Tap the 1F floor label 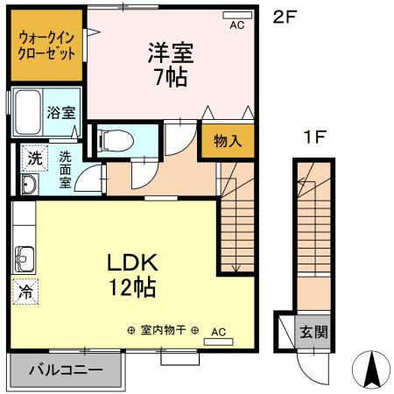pos(315,137)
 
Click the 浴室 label pos(60,112)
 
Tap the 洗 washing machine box pos(33,158)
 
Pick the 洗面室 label pos(65,170)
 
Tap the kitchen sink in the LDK pos(24,259)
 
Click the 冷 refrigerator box pos(25,292)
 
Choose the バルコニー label pos(67,369)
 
